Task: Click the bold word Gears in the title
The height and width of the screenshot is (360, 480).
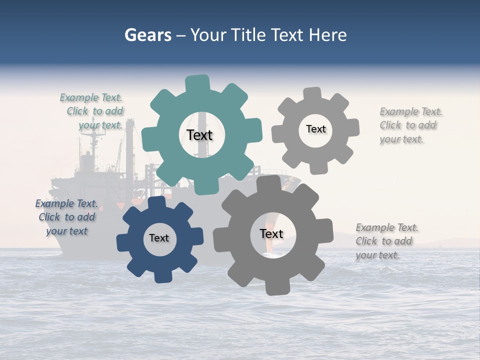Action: pyautogui.click(x=147, y=35)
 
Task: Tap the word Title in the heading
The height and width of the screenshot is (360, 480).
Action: pyautogui.click(x=247, y=35)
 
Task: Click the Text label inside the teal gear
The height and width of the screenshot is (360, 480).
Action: pyautogui.click(x=200, y=135)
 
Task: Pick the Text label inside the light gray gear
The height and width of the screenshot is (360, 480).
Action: pyautogui.click(x=316, y=129)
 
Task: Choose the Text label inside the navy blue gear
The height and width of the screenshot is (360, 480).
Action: pyautogui.click(x=159, y=238)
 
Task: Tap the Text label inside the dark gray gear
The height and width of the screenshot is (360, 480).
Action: pyautogui.click(x=271, y=233)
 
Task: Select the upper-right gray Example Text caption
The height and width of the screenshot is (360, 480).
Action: pyautogui.click(x=410, y=125)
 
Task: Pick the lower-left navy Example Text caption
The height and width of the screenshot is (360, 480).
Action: pyautogui.click(x=66, y=217)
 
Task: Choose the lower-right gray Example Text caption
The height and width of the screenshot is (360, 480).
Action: pyautogui.click(x=386, y=241)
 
